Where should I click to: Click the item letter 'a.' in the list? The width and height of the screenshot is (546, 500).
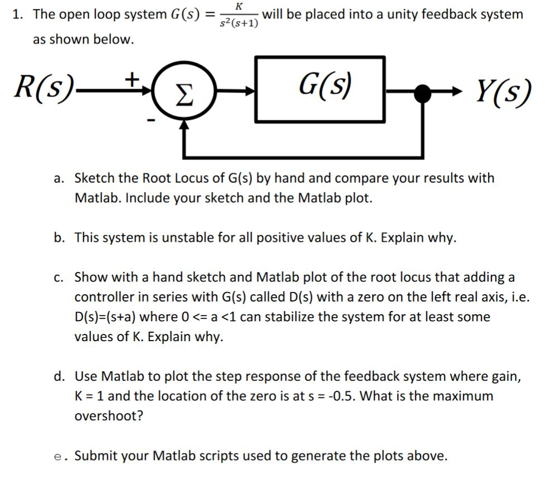coord(60,178)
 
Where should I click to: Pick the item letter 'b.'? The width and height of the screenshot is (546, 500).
coord(60,238)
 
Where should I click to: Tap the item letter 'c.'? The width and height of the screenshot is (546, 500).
coord(60,277)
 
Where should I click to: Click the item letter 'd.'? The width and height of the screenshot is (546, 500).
coord(60,376)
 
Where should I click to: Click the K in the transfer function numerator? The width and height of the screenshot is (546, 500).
coord(239,6)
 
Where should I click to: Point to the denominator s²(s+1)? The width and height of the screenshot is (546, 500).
coord(239,23)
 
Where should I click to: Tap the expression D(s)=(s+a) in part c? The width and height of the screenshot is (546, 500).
coord(105,317)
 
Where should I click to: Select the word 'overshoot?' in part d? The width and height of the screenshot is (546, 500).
coord(108,416)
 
